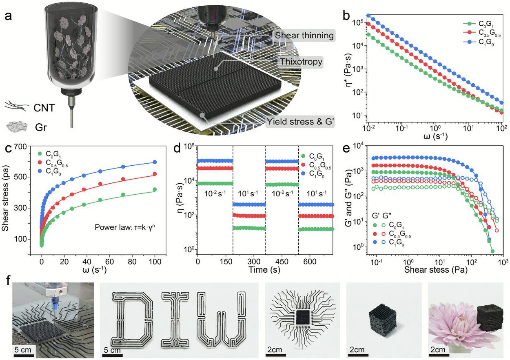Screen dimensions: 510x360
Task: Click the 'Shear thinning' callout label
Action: point(304,35)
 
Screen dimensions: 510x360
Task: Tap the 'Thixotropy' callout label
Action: point(301,62)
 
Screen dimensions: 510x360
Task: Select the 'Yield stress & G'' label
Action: point(300,122)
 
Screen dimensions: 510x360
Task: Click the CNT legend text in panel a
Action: point(44,108)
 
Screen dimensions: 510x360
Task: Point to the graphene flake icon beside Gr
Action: point(17,127)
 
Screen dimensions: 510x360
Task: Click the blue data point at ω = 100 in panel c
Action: point(155,162)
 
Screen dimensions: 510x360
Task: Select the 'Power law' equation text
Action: point(125,227)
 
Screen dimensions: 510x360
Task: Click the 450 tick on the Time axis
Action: point(282,261)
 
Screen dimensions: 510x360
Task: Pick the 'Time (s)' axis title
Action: point(264,270)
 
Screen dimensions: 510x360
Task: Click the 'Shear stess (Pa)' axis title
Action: point(436,270)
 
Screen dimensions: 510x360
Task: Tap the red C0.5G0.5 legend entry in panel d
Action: point(316,166)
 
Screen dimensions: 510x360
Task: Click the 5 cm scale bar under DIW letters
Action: point(113,356)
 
